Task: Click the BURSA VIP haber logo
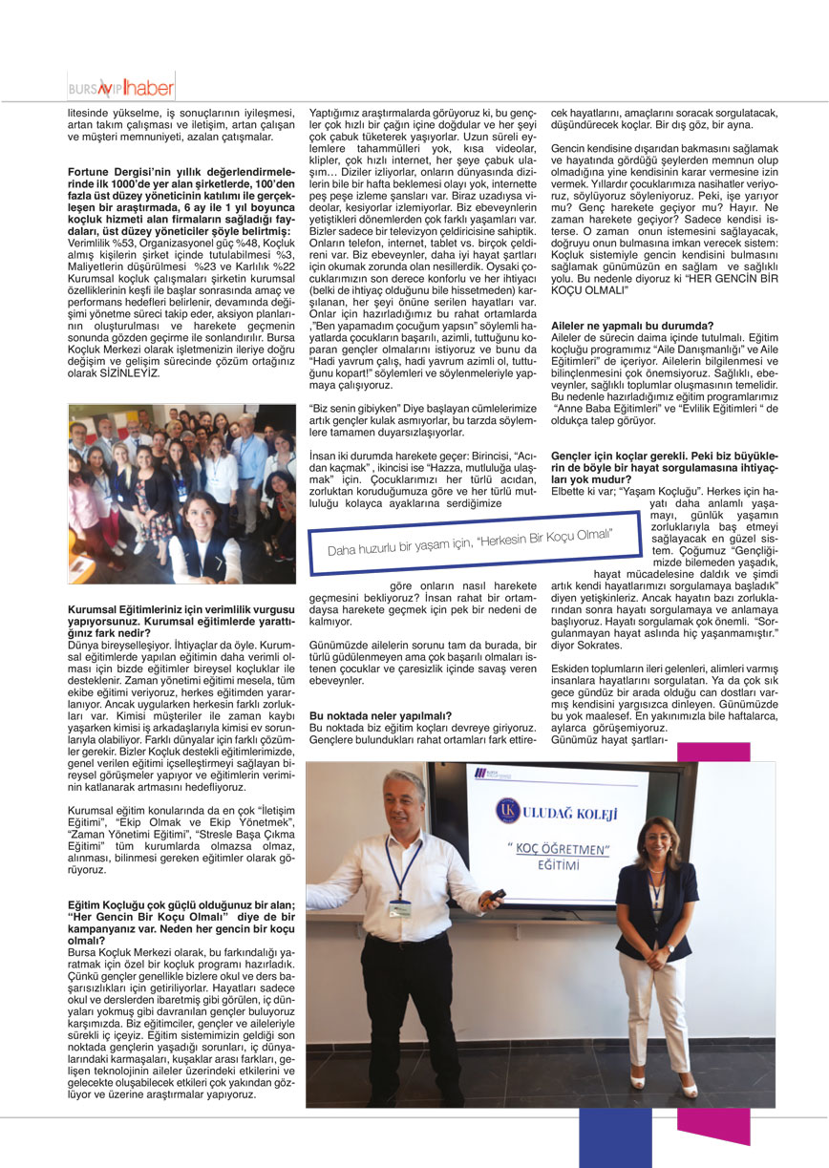(120, 89)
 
